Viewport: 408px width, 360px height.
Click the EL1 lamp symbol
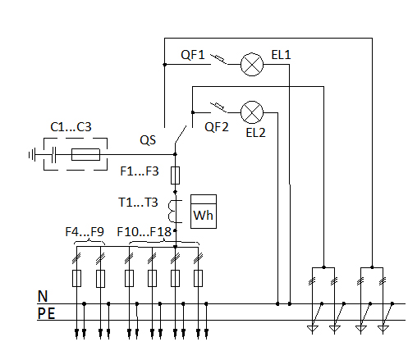pos(252,64)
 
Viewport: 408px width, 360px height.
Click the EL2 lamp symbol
pos(252,112)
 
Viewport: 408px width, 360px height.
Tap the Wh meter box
pos(204,212)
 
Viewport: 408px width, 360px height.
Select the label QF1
pos(193,55)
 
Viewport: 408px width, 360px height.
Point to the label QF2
pos(217,127)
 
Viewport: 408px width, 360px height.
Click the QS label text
pos(148,140)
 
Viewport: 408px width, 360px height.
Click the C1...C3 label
pos(71,127)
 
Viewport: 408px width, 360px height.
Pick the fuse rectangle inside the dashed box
pos(85,154)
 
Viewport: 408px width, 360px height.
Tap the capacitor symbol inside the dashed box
pos(54,155)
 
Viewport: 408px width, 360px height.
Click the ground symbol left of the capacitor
pos(32,155)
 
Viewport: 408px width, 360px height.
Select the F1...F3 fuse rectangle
pos(175,175)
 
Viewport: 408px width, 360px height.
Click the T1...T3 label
pos(138,203)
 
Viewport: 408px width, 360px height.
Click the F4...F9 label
pos(85,232)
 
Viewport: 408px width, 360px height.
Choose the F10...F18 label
pos(144,232)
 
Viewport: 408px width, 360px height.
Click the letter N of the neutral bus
pos(43,296)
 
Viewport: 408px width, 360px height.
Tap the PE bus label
pos(46,313)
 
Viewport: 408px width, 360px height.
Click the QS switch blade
pos(181,134)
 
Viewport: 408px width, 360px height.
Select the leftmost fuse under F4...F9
pos(76,278)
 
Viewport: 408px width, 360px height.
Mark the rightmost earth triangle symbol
pos(383,329)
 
